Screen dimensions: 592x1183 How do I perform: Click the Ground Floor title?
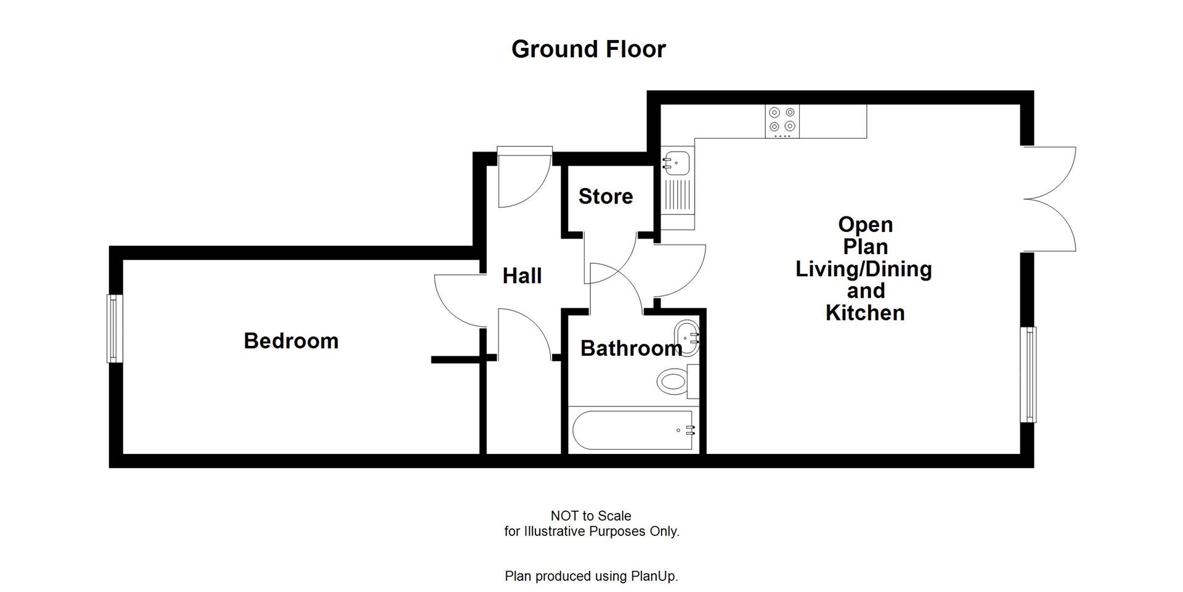click(x=588, y=49)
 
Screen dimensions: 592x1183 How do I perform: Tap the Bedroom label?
click(x=291, y=341)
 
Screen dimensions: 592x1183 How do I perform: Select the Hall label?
click(x=522, y=276)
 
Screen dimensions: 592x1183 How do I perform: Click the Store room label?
click(x=606, y=196)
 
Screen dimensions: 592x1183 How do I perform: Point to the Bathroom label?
click(x=631, y=348)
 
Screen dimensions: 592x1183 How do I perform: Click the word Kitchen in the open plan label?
click(x=865, y=313)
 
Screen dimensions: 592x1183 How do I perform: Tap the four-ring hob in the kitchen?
click(x=783, y=121)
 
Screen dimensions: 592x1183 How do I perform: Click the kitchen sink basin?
click(x=677, y=162)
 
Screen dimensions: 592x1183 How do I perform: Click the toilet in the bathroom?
click(x=675, y=381)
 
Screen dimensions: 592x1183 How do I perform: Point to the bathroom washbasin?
click(x=687, y=337)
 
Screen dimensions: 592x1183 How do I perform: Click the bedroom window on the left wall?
click(x=115, y=328)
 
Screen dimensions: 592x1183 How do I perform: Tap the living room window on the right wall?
click(x=1028, y=374)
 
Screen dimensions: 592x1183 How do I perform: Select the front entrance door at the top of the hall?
click(x=524, y=179)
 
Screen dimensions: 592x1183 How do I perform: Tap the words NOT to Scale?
click(x=591, y=516)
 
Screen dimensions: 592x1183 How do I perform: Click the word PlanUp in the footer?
click(x=654, y=577)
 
